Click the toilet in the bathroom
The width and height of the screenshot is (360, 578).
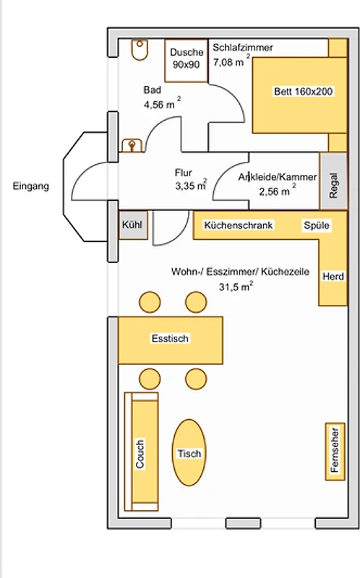point(140,50)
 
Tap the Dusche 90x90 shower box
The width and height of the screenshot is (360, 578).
point(187,61)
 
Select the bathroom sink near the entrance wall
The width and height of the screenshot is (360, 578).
point(132,145)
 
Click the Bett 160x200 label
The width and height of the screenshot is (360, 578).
point(303,92)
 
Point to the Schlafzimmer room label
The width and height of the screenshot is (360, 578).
point(243,48)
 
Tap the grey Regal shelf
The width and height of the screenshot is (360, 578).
point(333,181)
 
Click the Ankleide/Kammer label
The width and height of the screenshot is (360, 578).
point(278,177)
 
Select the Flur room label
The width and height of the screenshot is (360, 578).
point(184,173)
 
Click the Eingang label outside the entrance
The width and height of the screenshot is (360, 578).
point(31,186)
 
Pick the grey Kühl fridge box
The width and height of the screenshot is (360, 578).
point(133,225)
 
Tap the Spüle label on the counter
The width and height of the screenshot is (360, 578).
point(317,225)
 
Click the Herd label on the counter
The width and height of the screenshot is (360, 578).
point(333,277)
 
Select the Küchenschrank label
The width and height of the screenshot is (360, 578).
point(239,225)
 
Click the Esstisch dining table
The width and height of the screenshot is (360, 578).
point(171,340)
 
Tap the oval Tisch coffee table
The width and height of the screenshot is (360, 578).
point(189,453)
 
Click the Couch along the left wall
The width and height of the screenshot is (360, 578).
point(142,452)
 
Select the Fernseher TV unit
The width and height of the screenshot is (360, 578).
point(335,452)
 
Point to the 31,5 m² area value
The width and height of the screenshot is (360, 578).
point(236,286)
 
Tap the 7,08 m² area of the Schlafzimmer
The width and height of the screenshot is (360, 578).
point(231,61)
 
